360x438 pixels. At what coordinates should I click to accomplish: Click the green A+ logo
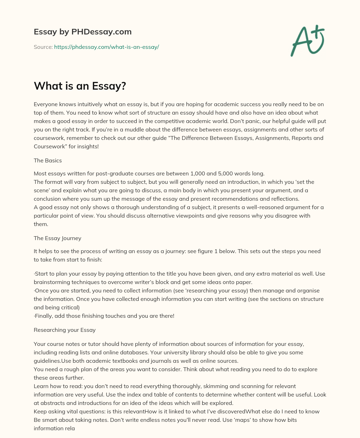click(307, 41)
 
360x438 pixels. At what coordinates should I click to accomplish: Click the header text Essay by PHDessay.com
click(83, 32)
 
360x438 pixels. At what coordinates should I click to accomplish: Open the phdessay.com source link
click(107, 47)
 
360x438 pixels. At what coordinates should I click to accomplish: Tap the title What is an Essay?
click(80, 86)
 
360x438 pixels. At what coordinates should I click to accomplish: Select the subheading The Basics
click(48, 160)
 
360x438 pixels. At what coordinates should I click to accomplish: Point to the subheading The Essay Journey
click(57, 238)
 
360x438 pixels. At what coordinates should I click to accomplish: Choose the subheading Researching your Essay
click(65, 330)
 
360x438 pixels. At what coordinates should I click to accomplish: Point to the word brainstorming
click(52, 282)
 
